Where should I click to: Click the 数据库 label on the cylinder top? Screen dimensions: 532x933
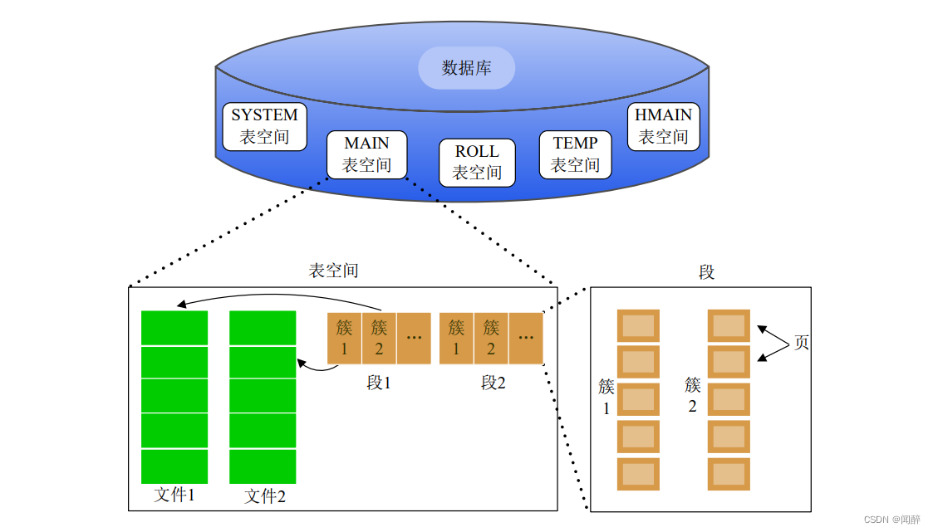click(466, 68)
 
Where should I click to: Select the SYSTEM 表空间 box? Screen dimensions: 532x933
click(264, 126)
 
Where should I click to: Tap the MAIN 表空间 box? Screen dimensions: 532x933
click(366, 154)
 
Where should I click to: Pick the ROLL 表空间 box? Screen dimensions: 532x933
click(477, 163)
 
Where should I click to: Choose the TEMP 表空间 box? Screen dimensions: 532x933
click(575, 154)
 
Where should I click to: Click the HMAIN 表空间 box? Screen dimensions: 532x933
click(663, 126)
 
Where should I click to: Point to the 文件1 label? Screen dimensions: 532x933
click(174, 495)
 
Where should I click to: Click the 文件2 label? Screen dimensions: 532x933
click(265, 496)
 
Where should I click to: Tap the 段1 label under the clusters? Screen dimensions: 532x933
click(378, 383)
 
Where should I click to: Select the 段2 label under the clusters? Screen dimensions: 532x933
click(493, 383)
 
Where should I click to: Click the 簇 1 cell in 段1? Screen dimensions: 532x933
click(344, 338)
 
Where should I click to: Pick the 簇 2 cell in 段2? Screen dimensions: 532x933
click(491, 338)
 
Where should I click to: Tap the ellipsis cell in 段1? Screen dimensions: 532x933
click(414, 338)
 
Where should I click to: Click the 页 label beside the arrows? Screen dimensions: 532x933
click(801, 343)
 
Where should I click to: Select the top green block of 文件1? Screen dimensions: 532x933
click(174, 327)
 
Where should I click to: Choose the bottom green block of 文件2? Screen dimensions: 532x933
click(263, 466)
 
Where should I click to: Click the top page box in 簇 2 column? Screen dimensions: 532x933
click(729, 325)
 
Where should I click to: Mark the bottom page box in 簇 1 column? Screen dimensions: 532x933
click(638, 474)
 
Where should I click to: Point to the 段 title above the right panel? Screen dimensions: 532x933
click(706, 272)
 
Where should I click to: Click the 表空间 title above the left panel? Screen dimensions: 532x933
click(333, 271)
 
